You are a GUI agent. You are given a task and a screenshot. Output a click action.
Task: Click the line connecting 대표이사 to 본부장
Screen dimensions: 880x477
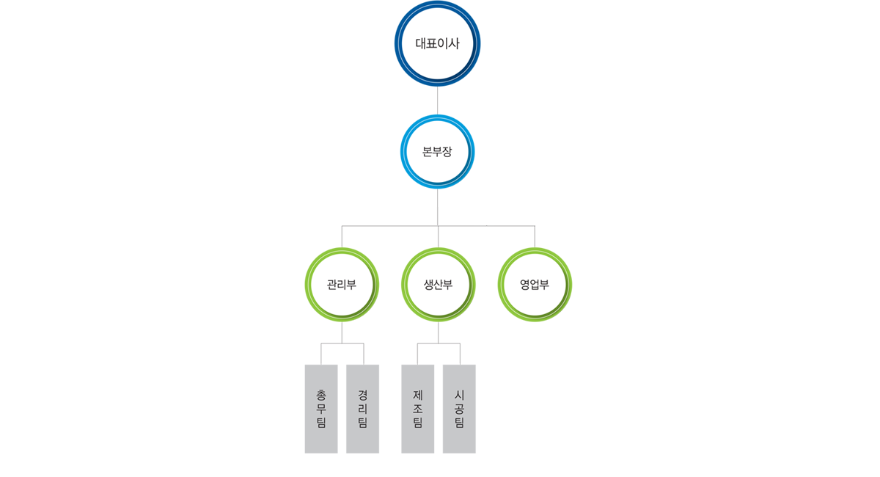437,101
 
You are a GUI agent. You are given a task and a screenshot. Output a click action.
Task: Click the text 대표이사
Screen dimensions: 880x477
437,43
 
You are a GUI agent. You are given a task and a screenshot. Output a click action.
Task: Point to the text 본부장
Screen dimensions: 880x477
437,151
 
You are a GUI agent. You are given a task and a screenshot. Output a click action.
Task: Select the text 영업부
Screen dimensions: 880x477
535,284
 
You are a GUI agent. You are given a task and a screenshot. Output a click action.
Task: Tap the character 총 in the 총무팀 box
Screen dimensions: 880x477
321,395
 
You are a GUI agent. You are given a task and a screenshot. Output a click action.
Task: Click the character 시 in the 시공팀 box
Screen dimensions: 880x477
459,395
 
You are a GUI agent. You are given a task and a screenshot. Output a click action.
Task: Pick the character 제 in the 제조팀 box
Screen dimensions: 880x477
417,395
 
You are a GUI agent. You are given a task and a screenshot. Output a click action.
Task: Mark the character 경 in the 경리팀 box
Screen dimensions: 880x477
362,395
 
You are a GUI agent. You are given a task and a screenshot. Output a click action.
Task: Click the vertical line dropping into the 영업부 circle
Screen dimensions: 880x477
535,237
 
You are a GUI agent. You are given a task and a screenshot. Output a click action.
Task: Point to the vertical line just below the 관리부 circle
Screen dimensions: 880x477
342,332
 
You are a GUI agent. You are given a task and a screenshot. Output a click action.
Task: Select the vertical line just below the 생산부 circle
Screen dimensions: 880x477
438,332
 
